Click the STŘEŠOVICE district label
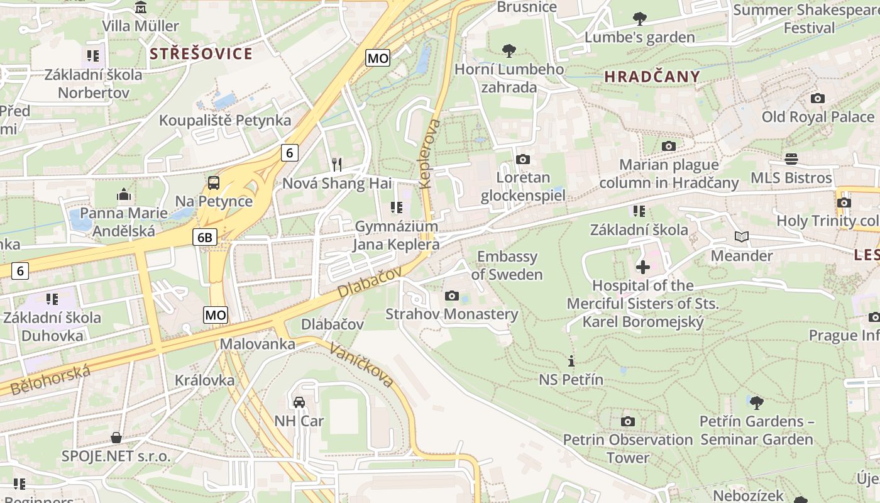tap(201, 53)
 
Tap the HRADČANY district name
tap(652, 77)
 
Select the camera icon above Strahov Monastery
tap(451, 296)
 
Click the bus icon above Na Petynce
tap(214, 183)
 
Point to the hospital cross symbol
tap(642, 267)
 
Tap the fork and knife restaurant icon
tap(337, 165)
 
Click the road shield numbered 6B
tap(205, 237)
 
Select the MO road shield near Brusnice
tap(378, 58)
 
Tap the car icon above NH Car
tap(299, 402)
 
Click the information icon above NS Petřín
tap(571, 361)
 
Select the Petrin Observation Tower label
tap(627, 448)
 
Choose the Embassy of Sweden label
tap(507, 265)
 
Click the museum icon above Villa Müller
tap(141, 8)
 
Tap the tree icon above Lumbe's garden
tap(639, 19)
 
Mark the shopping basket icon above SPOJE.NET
tap(116, 437)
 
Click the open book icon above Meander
tap(742, 237)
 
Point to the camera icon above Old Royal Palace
tap(817, 98)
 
